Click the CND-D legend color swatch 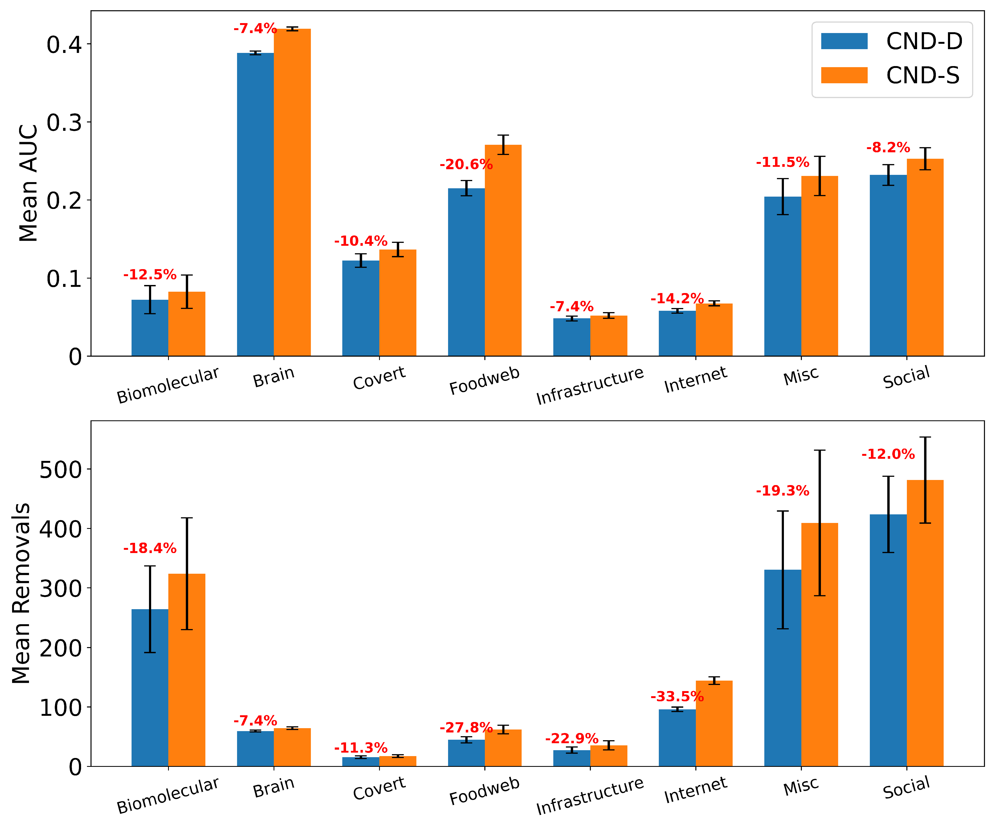click(844, 41)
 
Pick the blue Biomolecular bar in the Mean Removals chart click(150, 688)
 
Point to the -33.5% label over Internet click(677, 696)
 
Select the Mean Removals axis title click(21, 593)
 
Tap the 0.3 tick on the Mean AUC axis click(64, 122)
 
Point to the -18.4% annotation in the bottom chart click(150, 548)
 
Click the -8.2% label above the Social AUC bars click(888, 147)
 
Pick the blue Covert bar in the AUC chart click(361, 308)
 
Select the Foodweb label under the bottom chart click(484, 791)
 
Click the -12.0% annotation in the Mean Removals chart click(888, 454)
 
